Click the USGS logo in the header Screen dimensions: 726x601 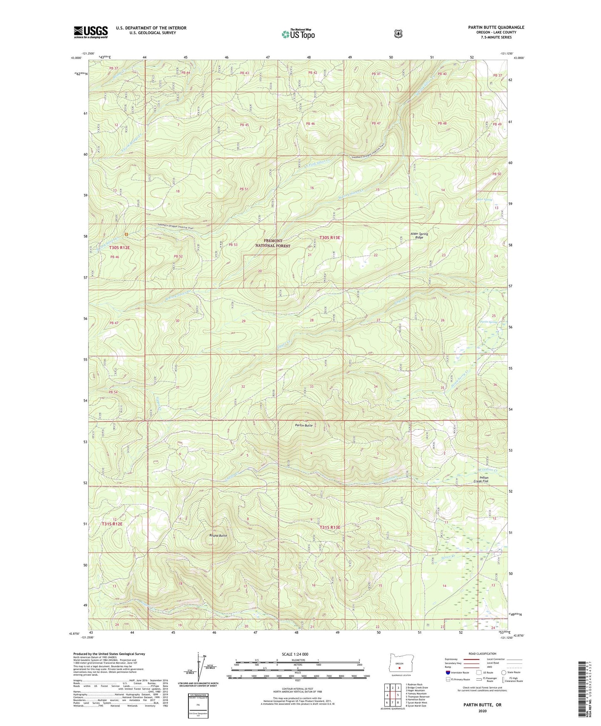(91, 32)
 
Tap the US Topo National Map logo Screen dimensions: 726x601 (298, 34)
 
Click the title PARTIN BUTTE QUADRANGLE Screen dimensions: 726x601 (496, 27)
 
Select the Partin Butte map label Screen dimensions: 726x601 (303, 425)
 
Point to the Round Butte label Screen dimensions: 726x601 (218, 536)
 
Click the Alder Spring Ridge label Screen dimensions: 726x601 (419, 235)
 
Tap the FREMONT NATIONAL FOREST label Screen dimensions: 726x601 (272, 243)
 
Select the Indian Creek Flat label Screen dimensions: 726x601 (484, 479)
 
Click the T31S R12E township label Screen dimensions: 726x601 (112, 524)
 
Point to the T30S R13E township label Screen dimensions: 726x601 (330, 237)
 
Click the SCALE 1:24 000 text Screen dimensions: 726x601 (295, 654)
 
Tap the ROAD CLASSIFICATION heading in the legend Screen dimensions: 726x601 (482, 654)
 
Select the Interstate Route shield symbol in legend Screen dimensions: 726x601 (448, 672)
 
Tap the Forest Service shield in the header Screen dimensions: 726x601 (398, 33)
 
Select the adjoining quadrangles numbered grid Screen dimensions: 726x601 (392, 695)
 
